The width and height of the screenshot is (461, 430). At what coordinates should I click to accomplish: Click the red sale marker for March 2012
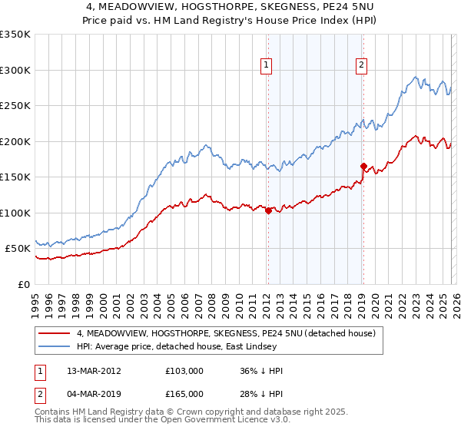click(x=268, y=210)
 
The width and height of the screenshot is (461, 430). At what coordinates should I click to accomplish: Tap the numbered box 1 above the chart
click(x=266, y=66)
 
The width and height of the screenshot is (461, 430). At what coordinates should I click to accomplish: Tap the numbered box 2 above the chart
click(x=360, y=66)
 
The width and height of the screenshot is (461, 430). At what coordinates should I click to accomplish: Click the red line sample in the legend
click(x=55, y=333)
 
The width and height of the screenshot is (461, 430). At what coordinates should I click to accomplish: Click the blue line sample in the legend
click(x=55, y=346)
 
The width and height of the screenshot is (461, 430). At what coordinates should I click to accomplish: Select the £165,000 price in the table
click(x=184, y=393)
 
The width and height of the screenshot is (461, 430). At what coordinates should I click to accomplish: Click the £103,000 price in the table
click(x=184, y=370)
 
